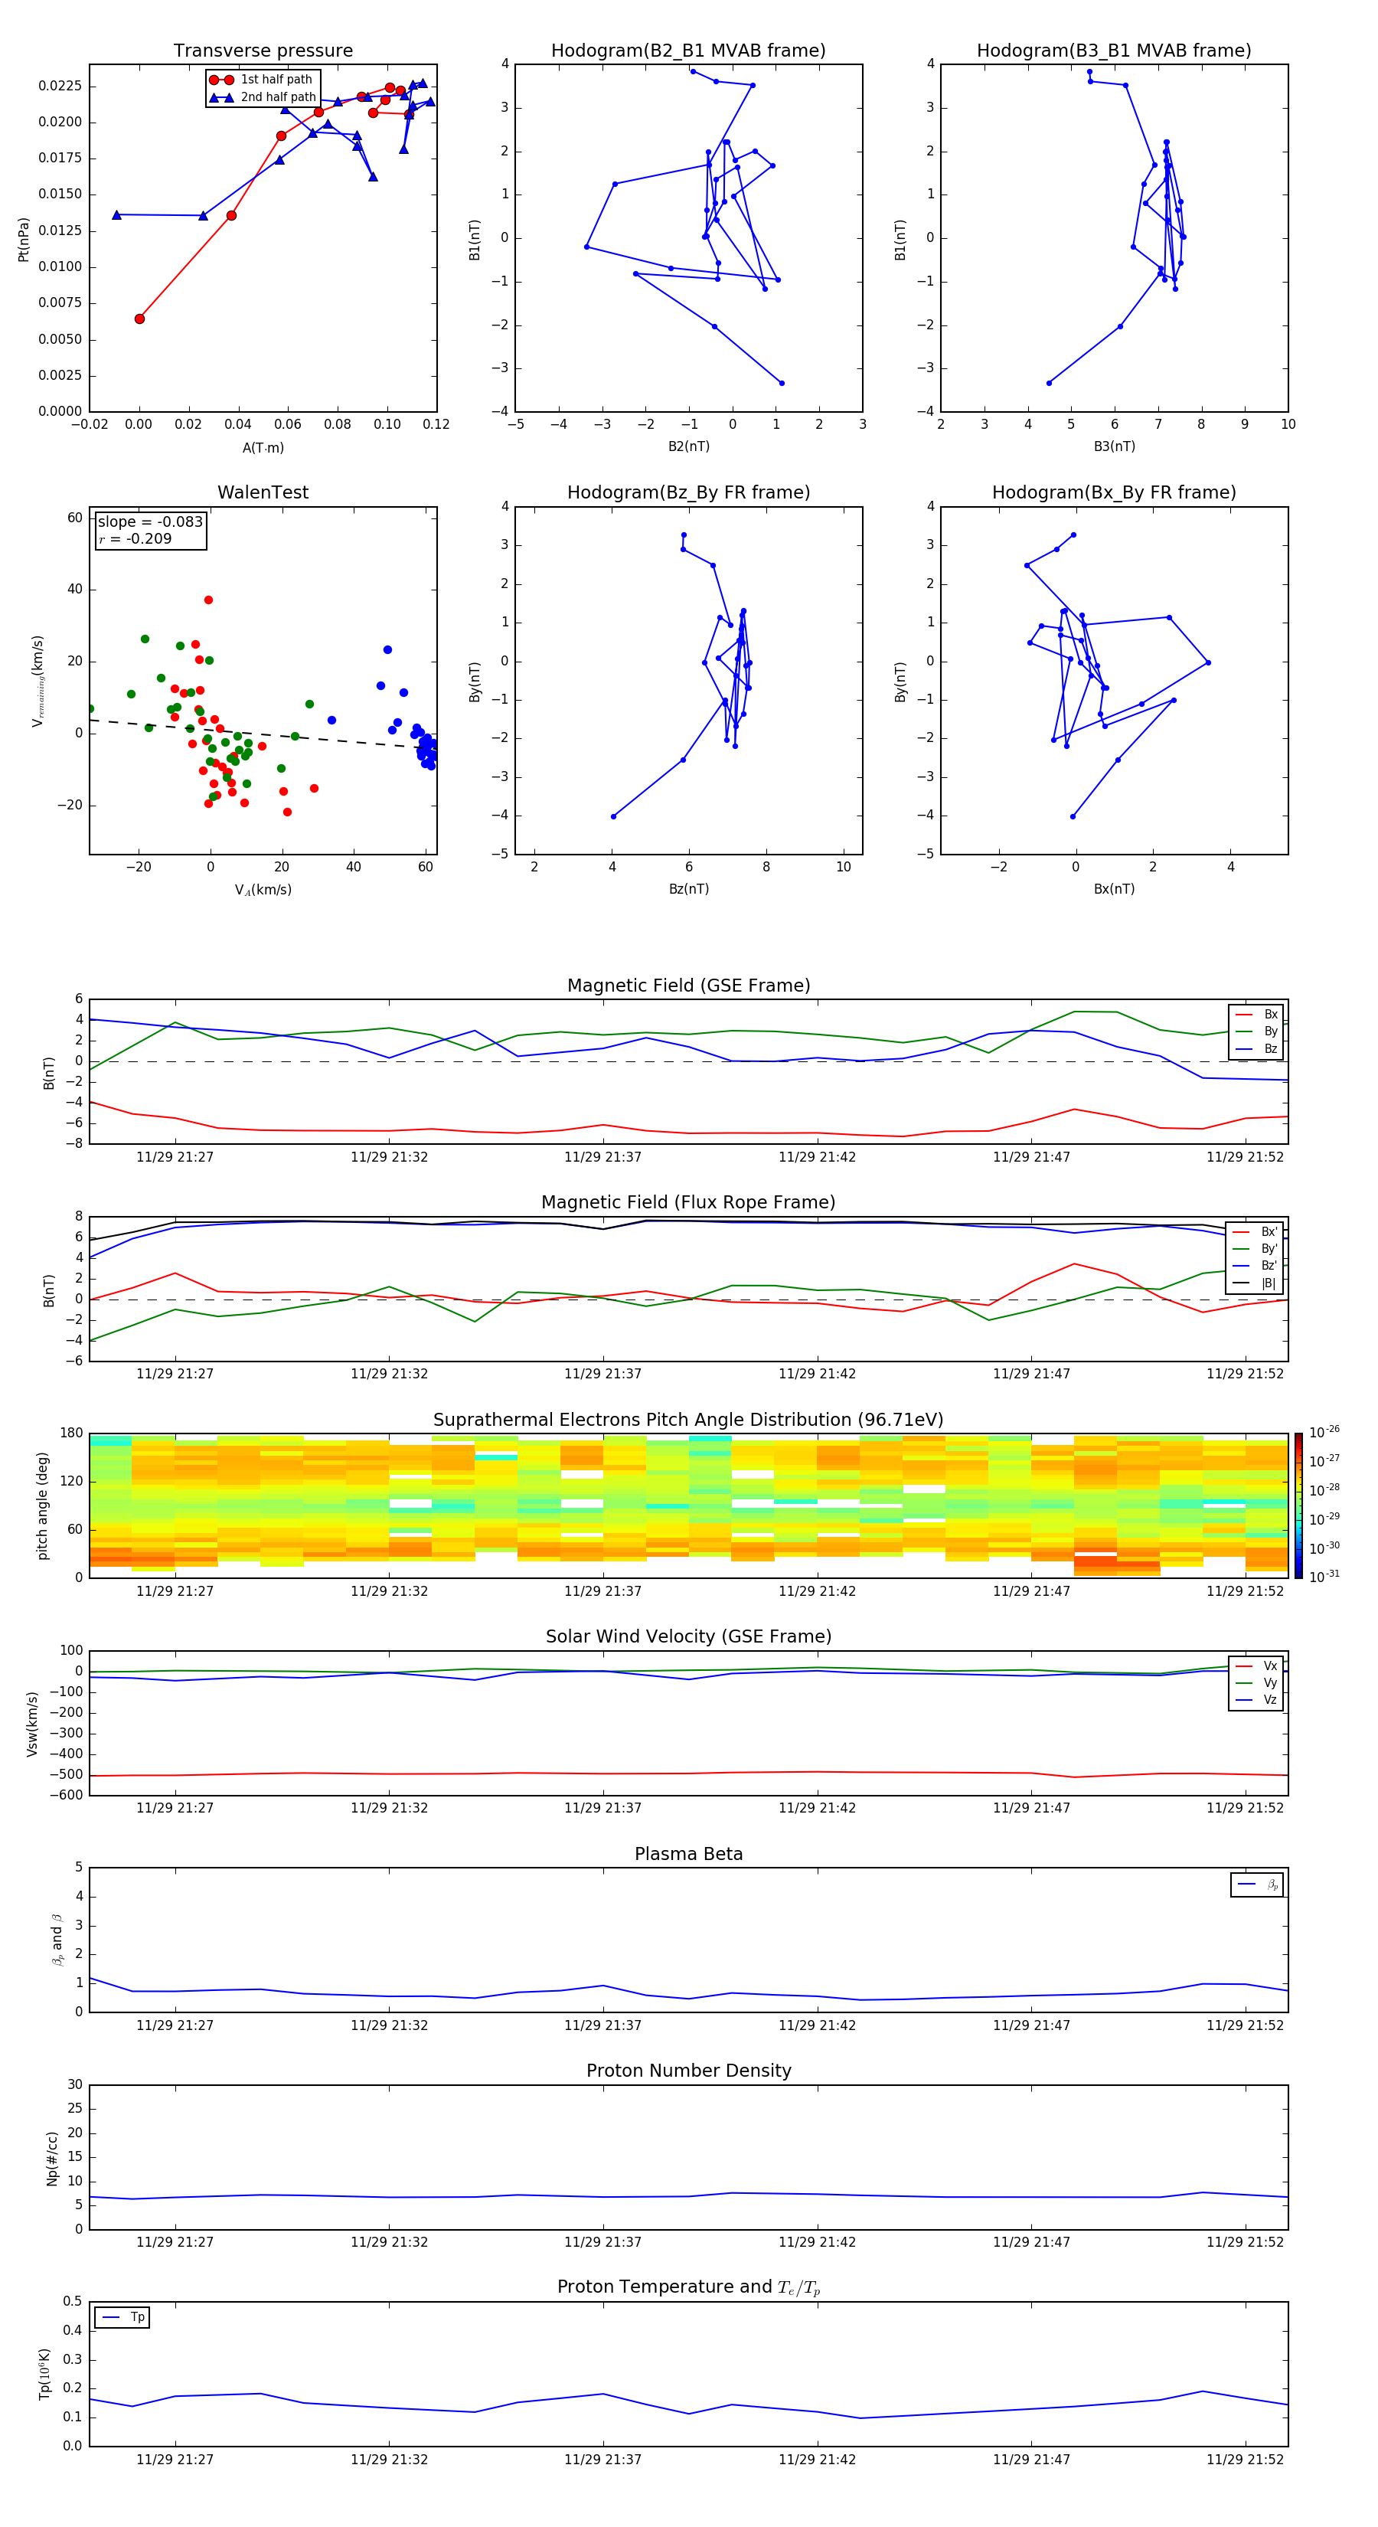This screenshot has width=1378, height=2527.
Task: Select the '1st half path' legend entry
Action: (x=276, y=80)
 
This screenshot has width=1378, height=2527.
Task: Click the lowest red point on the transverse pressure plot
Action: (x=139, y=319)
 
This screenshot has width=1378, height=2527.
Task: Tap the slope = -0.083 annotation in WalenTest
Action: (x=150, y=522)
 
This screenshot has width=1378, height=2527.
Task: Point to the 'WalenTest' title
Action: (x=263, y=492)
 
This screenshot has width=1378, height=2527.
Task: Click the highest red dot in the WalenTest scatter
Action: (x=208, y=600)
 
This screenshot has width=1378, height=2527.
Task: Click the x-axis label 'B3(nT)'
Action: (x=1114, y=446)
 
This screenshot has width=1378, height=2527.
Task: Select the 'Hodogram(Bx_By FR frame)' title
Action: (x=1113, y=492)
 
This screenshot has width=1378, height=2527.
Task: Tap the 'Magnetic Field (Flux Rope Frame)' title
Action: (x=687, y=1203)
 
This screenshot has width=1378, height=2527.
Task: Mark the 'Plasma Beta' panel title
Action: (x=687, y=1854)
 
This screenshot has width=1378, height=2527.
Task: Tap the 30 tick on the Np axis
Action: (x=74, y=2084)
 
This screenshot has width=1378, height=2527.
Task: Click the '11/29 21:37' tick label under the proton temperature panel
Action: (x=602, y=2460)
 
